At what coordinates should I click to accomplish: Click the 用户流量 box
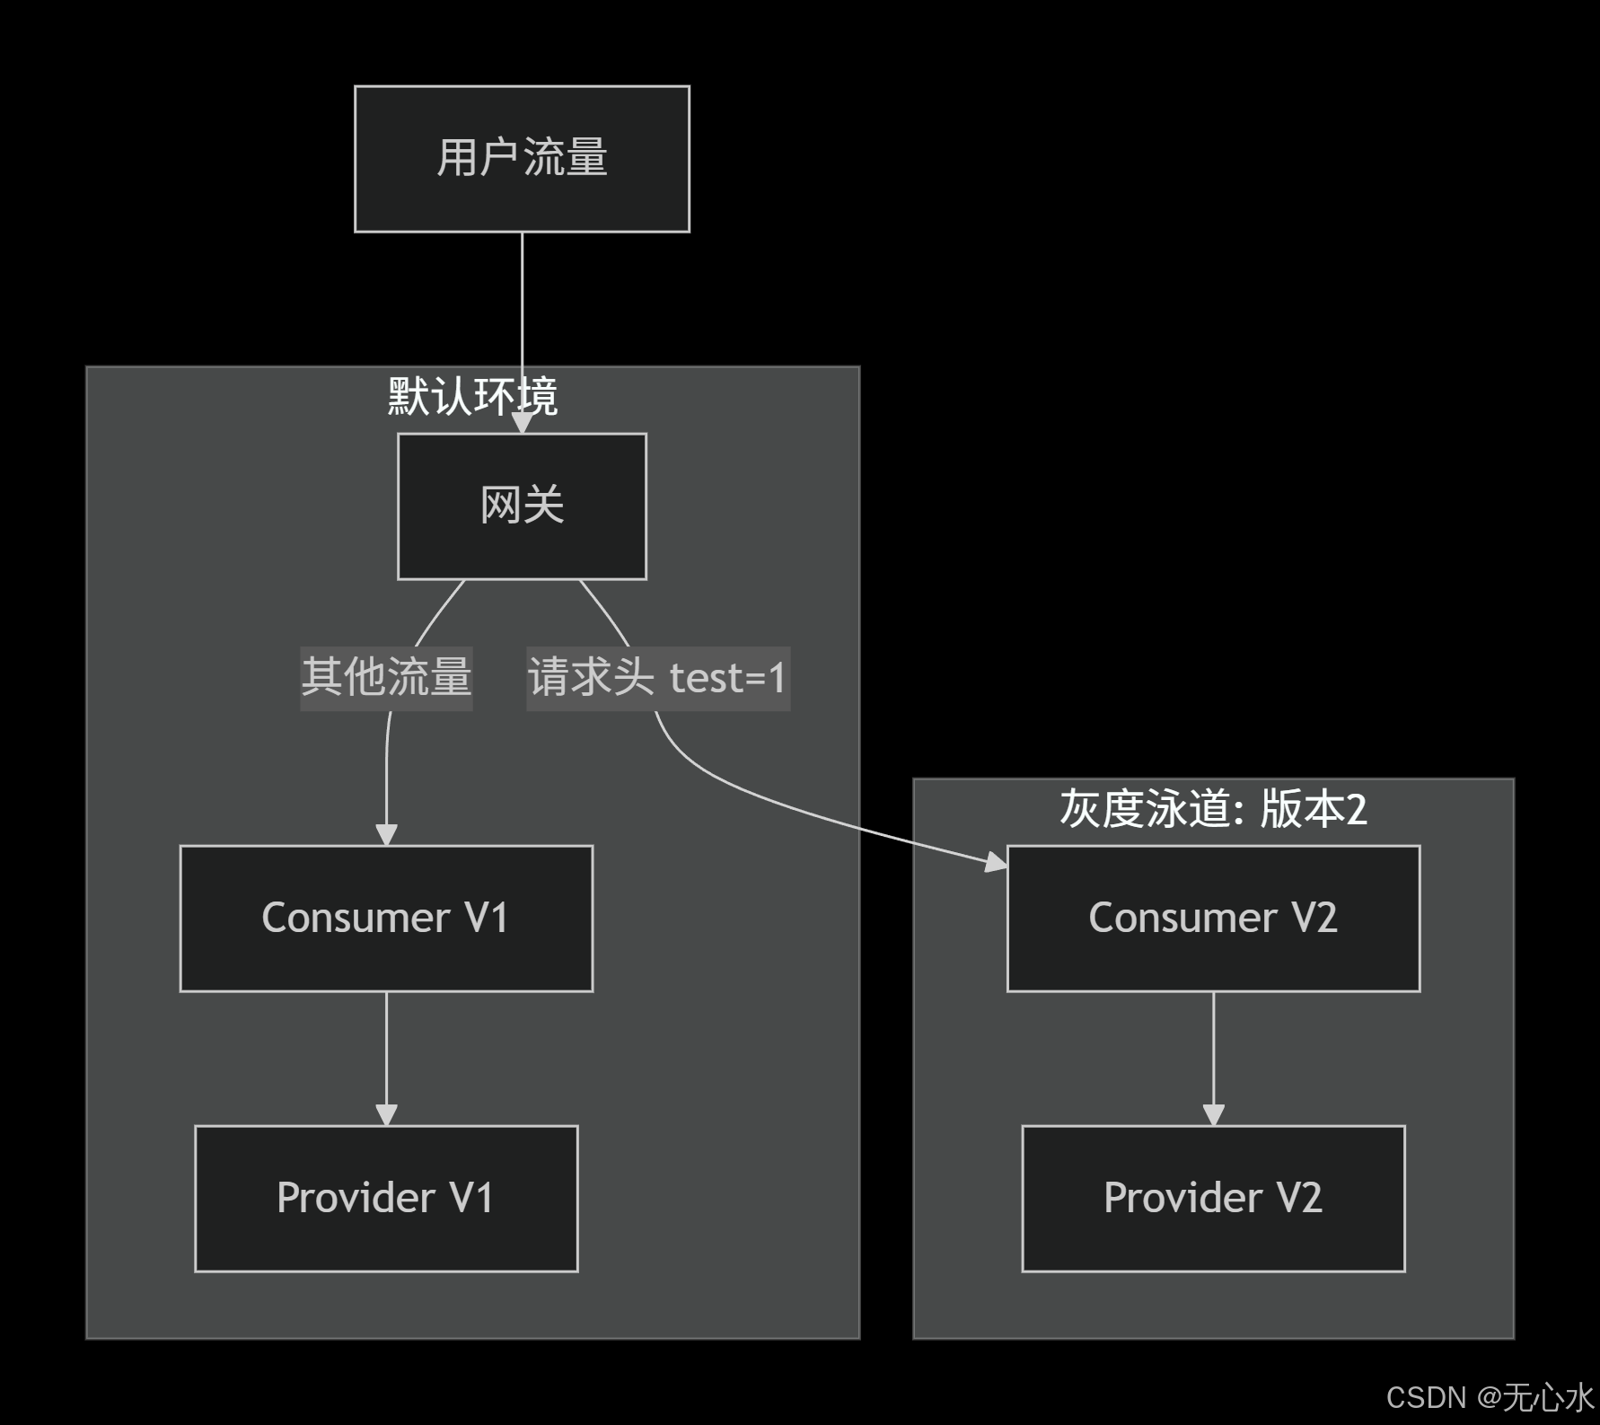522,159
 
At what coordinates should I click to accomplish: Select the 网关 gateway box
522,506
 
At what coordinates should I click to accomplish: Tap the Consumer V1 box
386,918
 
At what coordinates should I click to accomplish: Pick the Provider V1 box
386,1198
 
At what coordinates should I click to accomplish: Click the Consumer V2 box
1213,918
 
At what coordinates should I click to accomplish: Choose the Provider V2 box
1213,1198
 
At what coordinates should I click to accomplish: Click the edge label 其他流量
386,678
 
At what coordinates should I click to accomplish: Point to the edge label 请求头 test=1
657,678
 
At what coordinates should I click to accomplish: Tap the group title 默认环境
472,396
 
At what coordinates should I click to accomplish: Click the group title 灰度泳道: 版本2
1212,809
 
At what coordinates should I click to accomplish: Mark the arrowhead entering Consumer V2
997,863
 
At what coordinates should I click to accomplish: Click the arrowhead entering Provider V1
386,1114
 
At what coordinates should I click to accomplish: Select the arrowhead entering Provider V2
1213,1114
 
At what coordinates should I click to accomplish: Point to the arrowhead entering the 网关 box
522,423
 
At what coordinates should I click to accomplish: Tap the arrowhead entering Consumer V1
386,834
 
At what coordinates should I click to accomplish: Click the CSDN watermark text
1490,1397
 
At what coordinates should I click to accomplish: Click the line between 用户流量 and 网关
522,296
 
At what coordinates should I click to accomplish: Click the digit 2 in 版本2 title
1356,809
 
